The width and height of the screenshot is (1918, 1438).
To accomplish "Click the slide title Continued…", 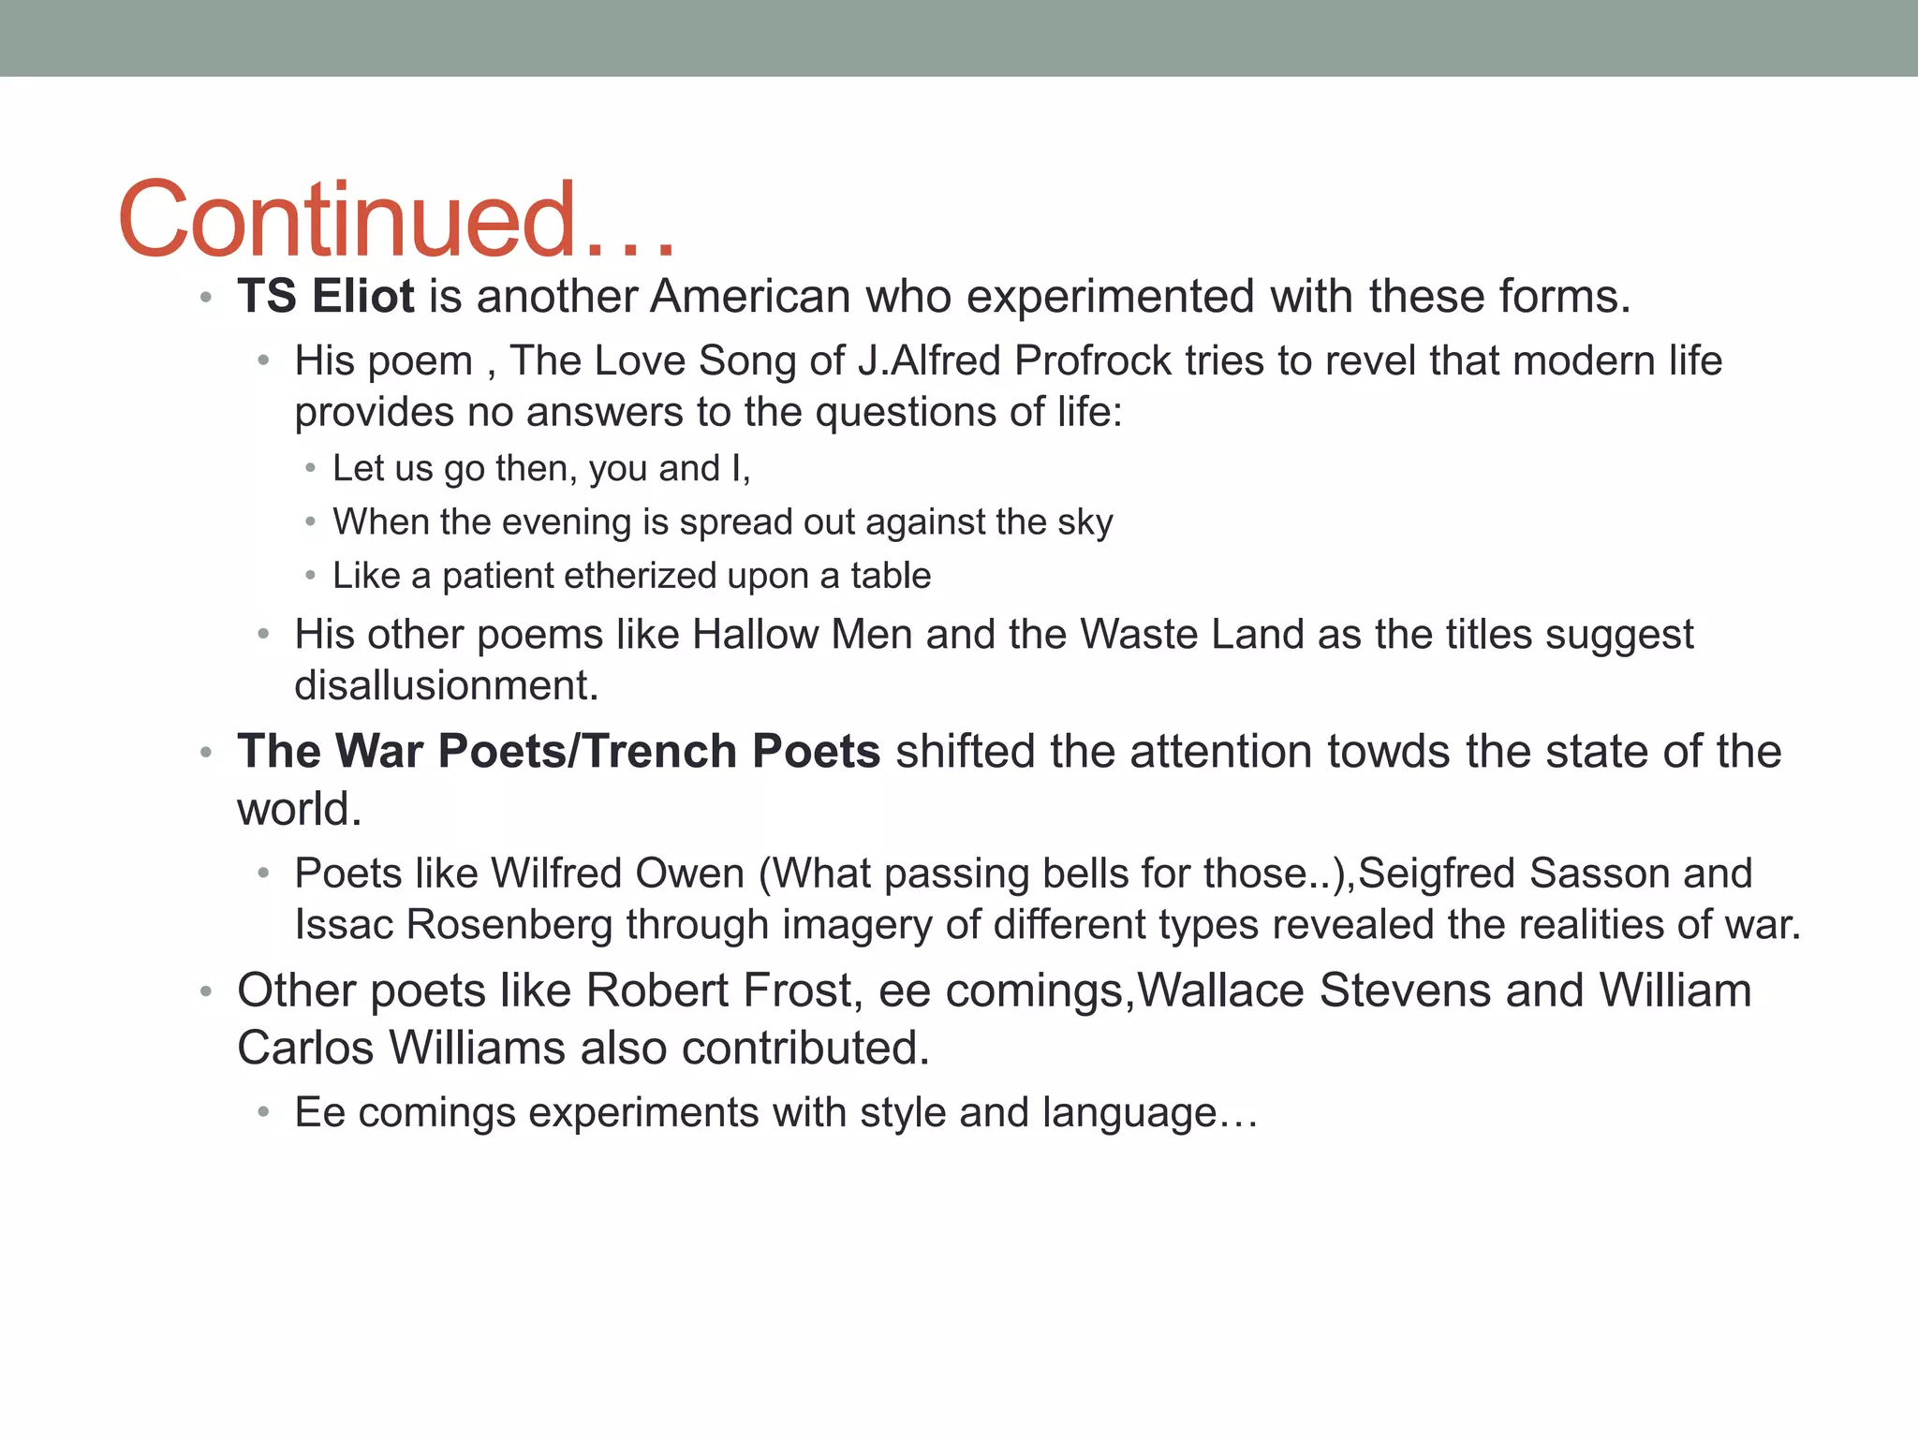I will (x=397, y=220).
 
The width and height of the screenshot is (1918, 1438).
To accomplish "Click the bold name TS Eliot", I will (x=325, y=297).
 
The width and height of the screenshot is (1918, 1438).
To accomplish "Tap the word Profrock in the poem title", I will (x=1093, y=361).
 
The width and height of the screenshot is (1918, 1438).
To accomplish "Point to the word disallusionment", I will (x=446, y=686).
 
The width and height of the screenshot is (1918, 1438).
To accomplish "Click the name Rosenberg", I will (x=509, y=925).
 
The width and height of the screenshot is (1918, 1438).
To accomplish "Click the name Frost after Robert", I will (x=802, y=990).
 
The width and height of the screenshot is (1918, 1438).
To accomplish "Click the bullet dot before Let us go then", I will (x=311, y=468).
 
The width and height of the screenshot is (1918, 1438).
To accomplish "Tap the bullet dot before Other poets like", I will (x=206, y=991).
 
